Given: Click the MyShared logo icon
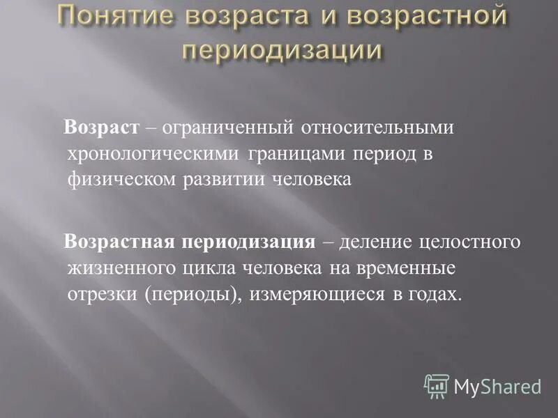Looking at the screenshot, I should point(437,386).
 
